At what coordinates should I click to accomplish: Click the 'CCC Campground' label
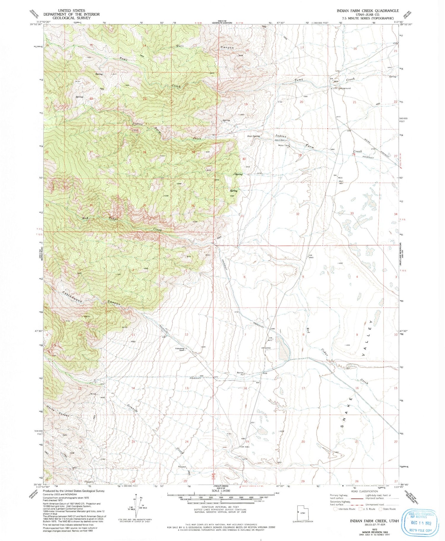[341, 88]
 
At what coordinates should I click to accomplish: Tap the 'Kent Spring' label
[254, 136]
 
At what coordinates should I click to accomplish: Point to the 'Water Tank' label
[284, 145]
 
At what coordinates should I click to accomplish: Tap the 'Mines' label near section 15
[93, 394]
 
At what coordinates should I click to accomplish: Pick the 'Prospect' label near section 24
[182, 467]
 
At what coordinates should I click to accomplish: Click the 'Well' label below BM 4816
[341, 181]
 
